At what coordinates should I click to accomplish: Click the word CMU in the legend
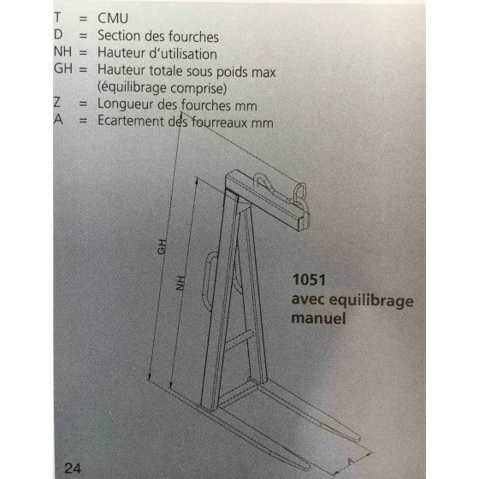coord(113,18)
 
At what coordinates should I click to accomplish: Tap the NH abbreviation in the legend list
coord(62,51)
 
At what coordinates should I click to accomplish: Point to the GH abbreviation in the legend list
coord(63,68)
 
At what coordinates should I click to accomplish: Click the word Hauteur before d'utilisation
coord(121,53)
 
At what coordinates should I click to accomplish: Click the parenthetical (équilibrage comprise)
coord(162,88)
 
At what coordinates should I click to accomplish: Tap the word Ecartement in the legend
coord(131,121)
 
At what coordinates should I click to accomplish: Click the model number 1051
coord(309,280)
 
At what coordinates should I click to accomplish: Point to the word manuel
coord(318,318)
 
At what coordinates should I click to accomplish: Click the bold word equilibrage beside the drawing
coord(371,300)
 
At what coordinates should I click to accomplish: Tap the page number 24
coord(73,469)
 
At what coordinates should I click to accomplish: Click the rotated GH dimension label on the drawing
coord(163,247)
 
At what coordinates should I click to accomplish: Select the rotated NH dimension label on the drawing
coord(180,283)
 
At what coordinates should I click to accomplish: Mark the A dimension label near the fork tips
coord(351,461)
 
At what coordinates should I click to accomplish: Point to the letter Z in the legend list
coord(57,102)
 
